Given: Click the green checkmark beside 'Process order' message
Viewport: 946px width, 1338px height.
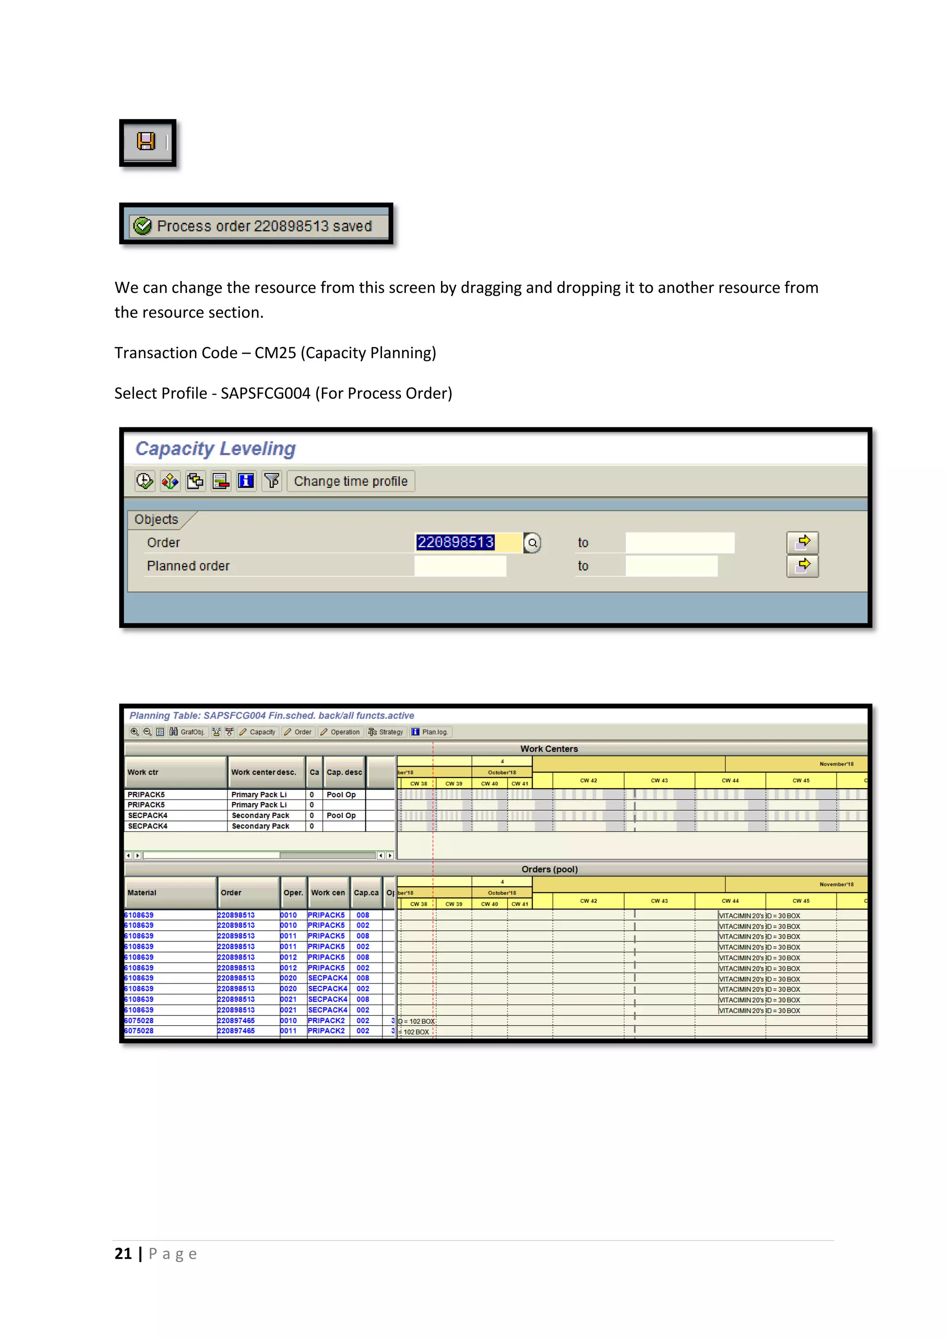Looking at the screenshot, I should click(x=143, y=226).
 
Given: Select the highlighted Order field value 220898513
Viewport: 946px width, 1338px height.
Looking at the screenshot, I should click(x=455, y=542).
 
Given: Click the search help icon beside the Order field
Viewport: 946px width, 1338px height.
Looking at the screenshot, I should click(x=532, y=543).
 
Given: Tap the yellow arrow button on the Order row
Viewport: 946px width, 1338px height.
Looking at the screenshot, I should click(x=803, y=542).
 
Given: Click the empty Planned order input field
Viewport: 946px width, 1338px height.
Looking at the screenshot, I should click(x=460, y=566).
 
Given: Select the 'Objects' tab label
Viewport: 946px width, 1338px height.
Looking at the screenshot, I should click(x=156, y=519).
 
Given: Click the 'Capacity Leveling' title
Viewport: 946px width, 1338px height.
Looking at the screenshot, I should click(x=216, y=449).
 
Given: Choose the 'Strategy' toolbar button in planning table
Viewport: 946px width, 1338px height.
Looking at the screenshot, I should click(x=386, y=732).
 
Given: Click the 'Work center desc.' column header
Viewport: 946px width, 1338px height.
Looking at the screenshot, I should click(x=263, y=772).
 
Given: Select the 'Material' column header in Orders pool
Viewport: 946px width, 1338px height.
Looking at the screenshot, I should click(x=142, y=893).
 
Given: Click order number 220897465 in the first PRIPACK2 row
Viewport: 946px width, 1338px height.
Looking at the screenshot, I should click(x=236, y=1021).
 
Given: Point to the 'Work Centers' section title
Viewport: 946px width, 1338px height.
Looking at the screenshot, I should click(x=549, y=749).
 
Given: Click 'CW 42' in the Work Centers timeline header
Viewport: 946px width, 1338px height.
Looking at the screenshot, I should click(x=588, y=780).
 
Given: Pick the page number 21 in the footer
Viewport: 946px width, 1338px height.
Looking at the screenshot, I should click(x=123, y=1253).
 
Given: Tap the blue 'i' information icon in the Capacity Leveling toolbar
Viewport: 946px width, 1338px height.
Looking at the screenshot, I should click(x=246, y=481).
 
